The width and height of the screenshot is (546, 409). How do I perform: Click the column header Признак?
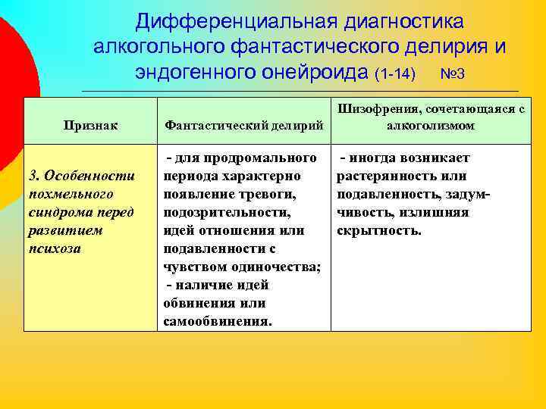85,126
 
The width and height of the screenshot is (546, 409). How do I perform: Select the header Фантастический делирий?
243,126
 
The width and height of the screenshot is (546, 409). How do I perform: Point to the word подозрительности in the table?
227,212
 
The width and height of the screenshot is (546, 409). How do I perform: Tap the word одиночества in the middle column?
278,266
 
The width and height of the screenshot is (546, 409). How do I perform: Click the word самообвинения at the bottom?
216,320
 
